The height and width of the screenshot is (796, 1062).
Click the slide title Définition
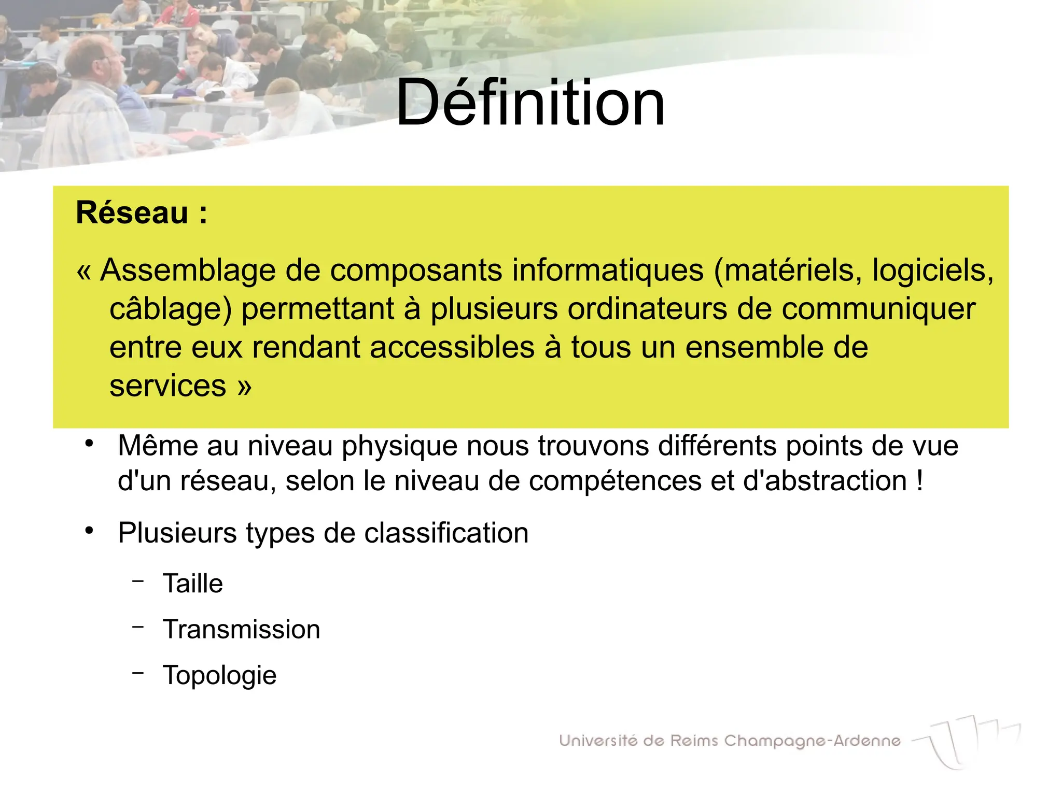530,103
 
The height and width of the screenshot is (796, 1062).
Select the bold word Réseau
132,213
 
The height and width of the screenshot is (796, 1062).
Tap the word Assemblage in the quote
187,271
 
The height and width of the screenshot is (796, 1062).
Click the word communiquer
878,309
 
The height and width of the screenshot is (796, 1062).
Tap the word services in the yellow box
167,386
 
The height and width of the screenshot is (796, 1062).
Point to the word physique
399,446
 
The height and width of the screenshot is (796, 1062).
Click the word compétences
615,481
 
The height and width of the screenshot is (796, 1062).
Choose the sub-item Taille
192,584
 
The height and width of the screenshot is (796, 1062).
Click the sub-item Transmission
241,629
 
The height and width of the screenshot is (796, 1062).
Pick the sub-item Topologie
219,675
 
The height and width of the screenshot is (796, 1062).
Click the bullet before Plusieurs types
89,531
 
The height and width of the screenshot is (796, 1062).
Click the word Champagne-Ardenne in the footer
812,742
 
